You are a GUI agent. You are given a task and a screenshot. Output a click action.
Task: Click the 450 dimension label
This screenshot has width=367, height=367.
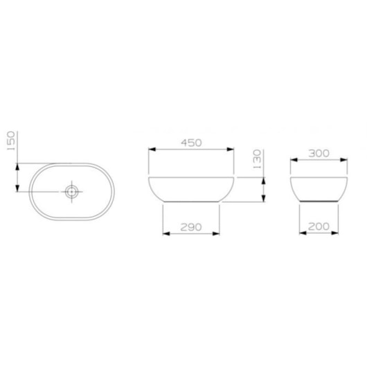(x=192, y=143)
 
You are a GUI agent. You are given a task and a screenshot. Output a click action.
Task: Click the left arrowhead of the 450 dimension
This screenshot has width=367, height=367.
(x=152, y=148)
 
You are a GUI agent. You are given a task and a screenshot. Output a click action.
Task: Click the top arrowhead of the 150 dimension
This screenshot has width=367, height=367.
(x=17, y=165)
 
